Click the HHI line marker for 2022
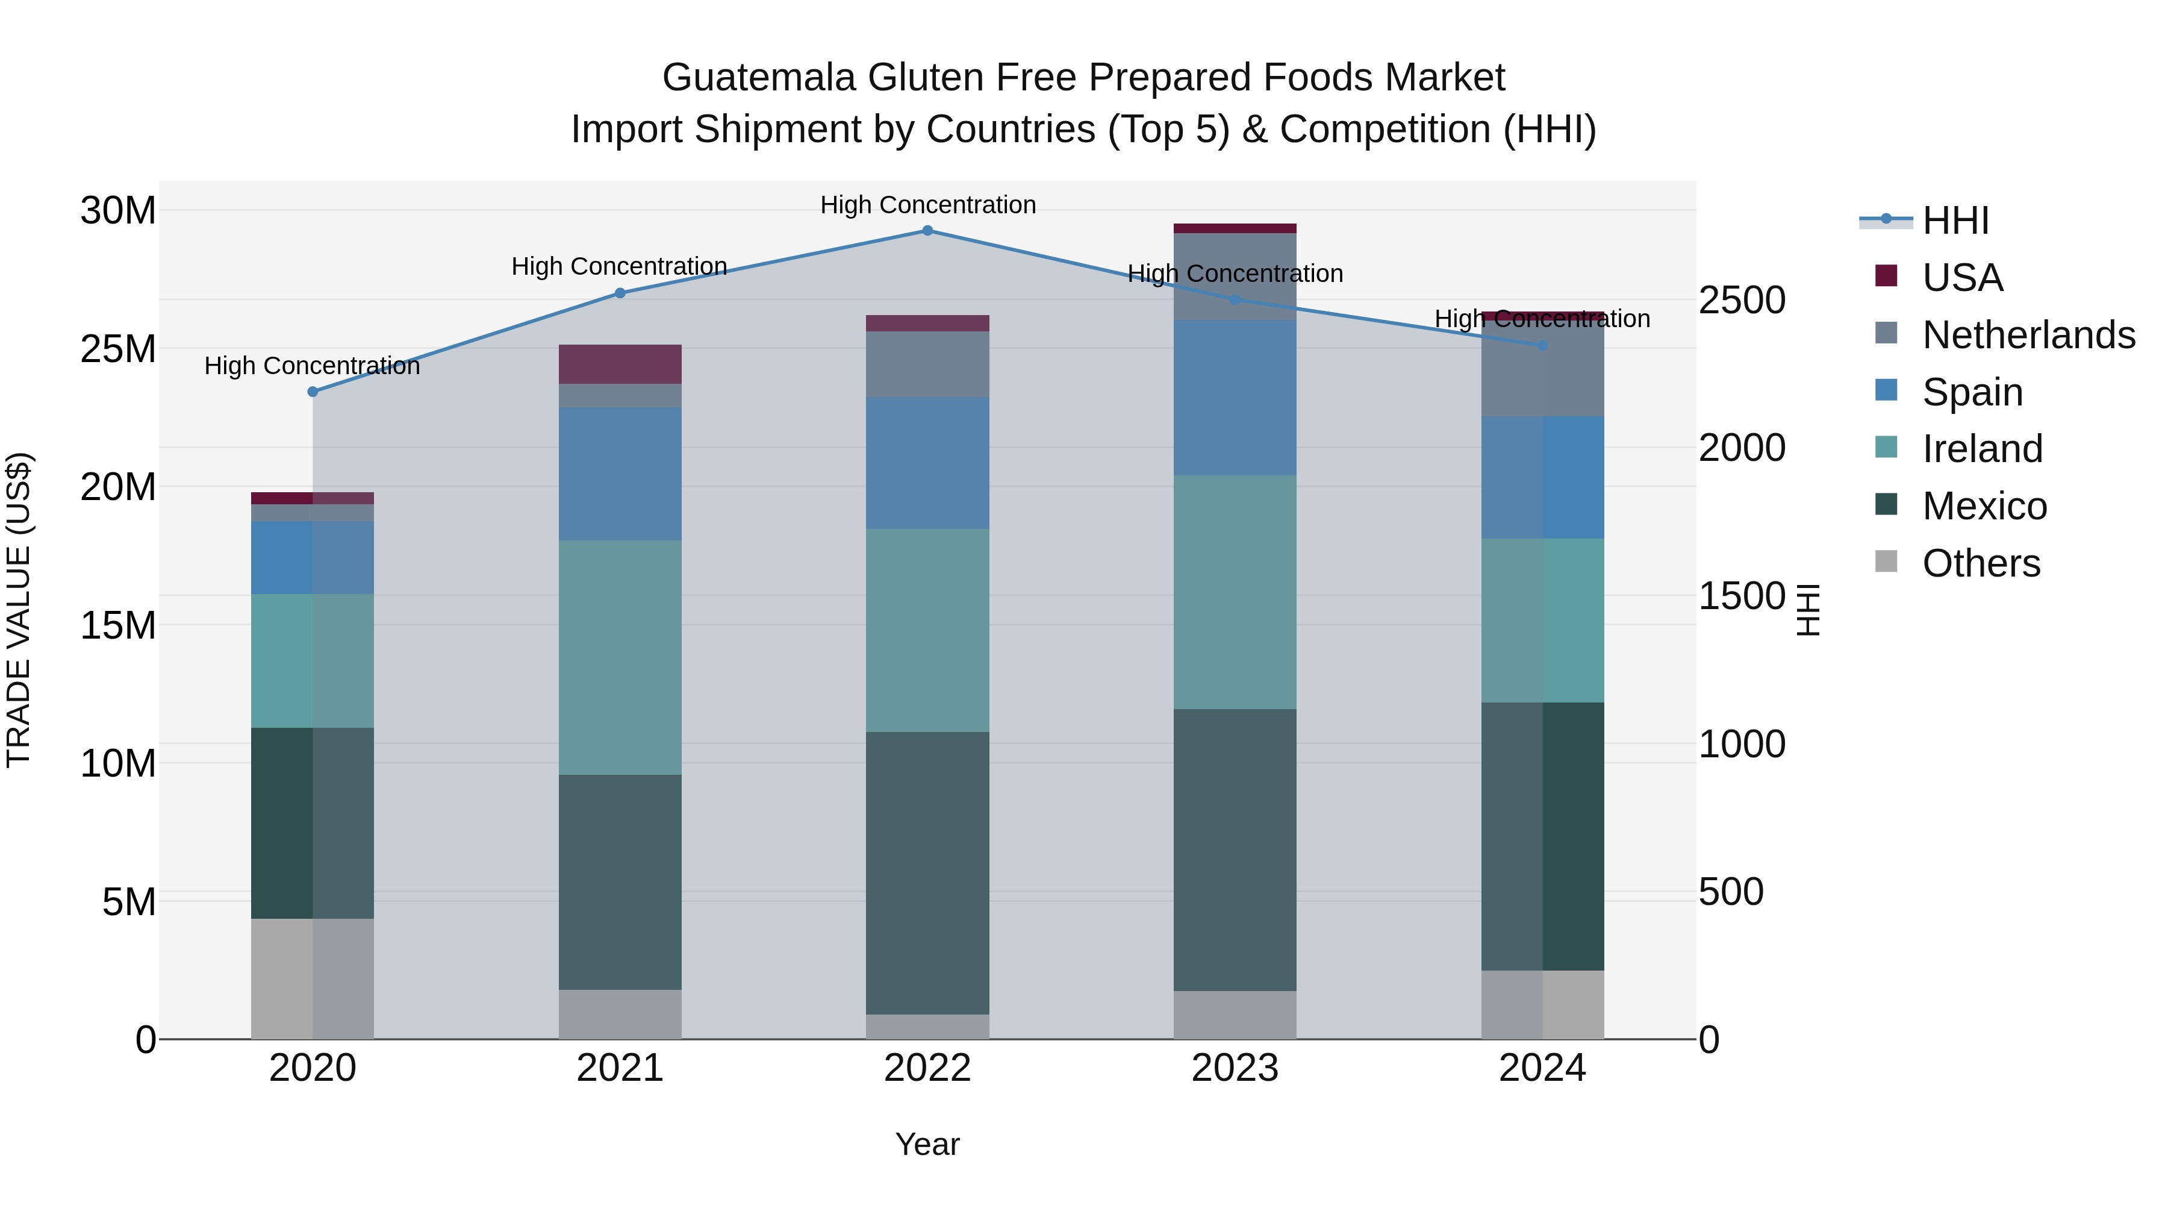pyautogui.click(x=927, y=230)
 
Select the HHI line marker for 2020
pyautogui.click(x=312, y=392)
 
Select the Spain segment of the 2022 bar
pyautogui.click(x=927, y=463)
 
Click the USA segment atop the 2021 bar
pyautogui.click(x=620, y=364)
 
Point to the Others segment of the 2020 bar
pyautogui.click(x=312, y=978)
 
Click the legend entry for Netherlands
pyautogui.click(x=2028, y=335)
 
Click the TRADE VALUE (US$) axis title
pyautogui.click(x=19, y=610)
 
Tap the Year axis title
pyautogui.click(x=927, y=1144)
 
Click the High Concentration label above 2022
pyautogui.click(x=927, y=205)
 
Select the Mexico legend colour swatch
pyautogui.click(x=1886, y=505)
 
